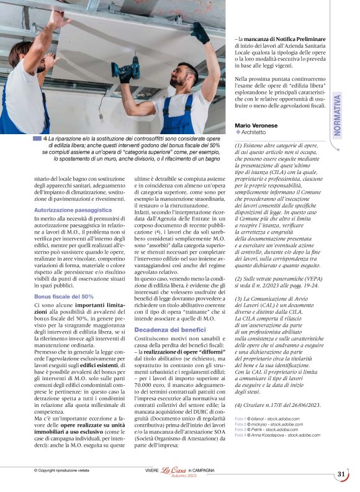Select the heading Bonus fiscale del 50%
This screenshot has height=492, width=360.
[x=64, y=297]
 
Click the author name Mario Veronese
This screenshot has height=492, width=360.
[x=256, y=124]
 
